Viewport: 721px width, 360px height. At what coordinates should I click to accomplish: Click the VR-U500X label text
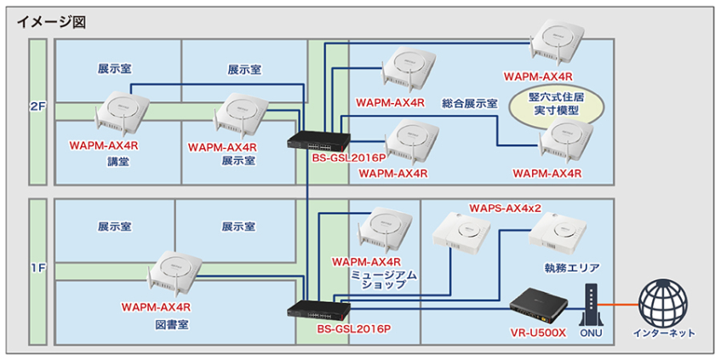pyautogui.click(x=537, y=332)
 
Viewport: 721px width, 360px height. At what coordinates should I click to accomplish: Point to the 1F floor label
pyautogui.click(x=37, y=269)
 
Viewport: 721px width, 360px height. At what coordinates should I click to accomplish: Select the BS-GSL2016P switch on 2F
pyautogui.click(x=314, y=142)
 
